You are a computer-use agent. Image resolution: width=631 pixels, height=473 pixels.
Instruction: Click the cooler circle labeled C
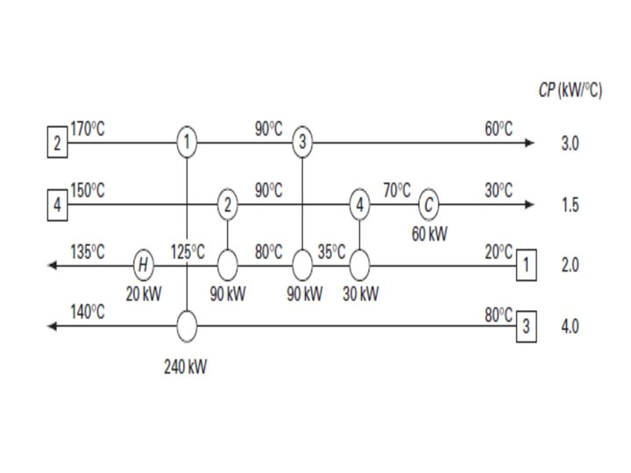[428, 205]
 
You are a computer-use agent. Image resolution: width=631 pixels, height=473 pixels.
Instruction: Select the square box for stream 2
[57, 144]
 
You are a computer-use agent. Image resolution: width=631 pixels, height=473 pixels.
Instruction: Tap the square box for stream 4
[57, 206]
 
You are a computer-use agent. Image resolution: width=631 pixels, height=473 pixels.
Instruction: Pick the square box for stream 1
[526, 264]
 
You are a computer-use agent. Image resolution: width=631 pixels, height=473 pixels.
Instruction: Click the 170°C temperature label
[88, 129]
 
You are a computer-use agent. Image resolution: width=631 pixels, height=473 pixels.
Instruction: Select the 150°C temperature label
[88, 191]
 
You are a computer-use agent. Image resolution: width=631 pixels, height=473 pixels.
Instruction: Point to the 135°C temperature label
[88, 252]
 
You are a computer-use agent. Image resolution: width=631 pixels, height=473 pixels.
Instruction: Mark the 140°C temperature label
[88, 314]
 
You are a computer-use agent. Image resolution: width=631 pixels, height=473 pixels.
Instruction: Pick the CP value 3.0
[570, 144]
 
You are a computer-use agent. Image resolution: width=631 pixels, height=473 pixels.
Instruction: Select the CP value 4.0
[570, 328]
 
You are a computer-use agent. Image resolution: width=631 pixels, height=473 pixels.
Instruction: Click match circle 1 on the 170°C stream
[187, 143]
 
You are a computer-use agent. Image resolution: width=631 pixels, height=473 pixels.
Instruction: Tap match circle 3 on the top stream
[302, 143]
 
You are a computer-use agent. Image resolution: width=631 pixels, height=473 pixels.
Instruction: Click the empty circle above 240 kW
[187, 327]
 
